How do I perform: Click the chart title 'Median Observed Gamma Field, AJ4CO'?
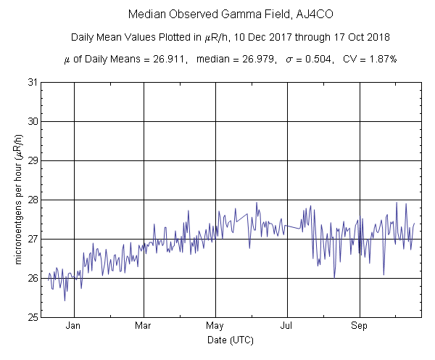(217, 15)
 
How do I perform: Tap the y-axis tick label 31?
(33, 82)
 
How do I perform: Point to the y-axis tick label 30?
(33, 121)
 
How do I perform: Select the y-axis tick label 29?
(33, 160)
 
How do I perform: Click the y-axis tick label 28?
(33, 200)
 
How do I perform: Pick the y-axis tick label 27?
(33, 239)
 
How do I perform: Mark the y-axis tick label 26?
(33, 278)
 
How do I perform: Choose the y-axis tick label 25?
(33, 317)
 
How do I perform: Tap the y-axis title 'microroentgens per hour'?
(20, 200)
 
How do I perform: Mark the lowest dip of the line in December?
(65, 300)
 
